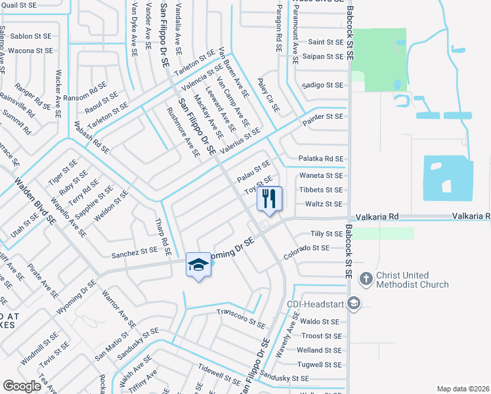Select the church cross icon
pos(366,279)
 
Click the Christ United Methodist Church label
pos(412,280)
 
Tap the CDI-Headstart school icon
pos(354,303)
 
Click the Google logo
pos(22,385)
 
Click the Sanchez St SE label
pos(134,250)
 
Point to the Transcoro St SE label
pos(241,320)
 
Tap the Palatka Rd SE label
pos(321,158)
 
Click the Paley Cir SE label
pos(269,98)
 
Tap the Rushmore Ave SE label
pos(183,133)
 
